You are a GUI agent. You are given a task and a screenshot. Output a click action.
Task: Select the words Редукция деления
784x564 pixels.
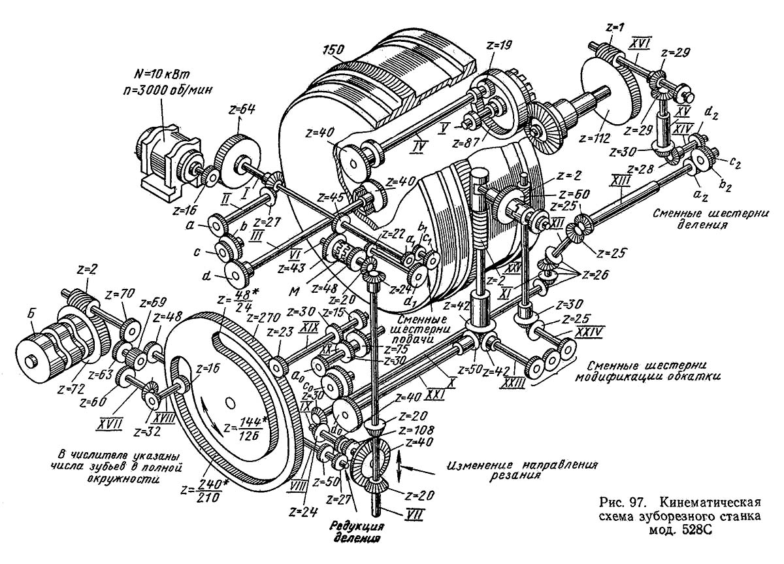pos(356,533)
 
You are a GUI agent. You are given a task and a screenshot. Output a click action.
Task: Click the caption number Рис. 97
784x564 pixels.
pos(626,503)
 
